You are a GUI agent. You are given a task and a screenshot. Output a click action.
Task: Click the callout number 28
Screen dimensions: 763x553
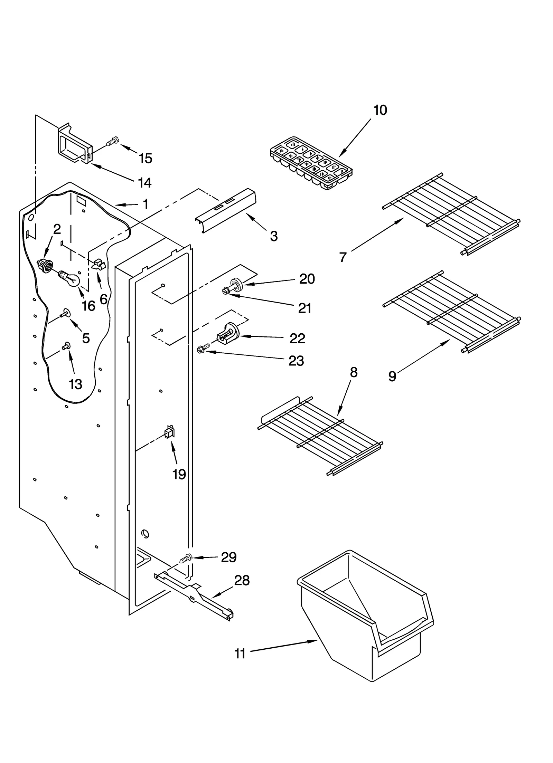242,581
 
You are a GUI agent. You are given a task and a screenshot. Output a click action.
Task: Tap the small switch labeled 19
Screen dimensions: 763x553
170,432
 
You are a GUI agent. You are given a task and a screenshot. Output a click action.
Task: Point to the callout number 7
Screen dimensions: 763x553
343,257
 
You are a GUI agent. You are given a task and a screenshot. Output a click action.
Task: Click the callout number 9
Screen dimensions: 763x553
392,376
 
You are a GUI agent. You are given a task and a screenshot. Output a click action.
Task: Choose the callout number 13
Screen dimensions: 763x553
75,384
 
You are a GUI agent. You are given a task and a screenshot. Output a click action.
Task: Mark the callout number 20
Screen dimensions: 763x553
307,278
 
